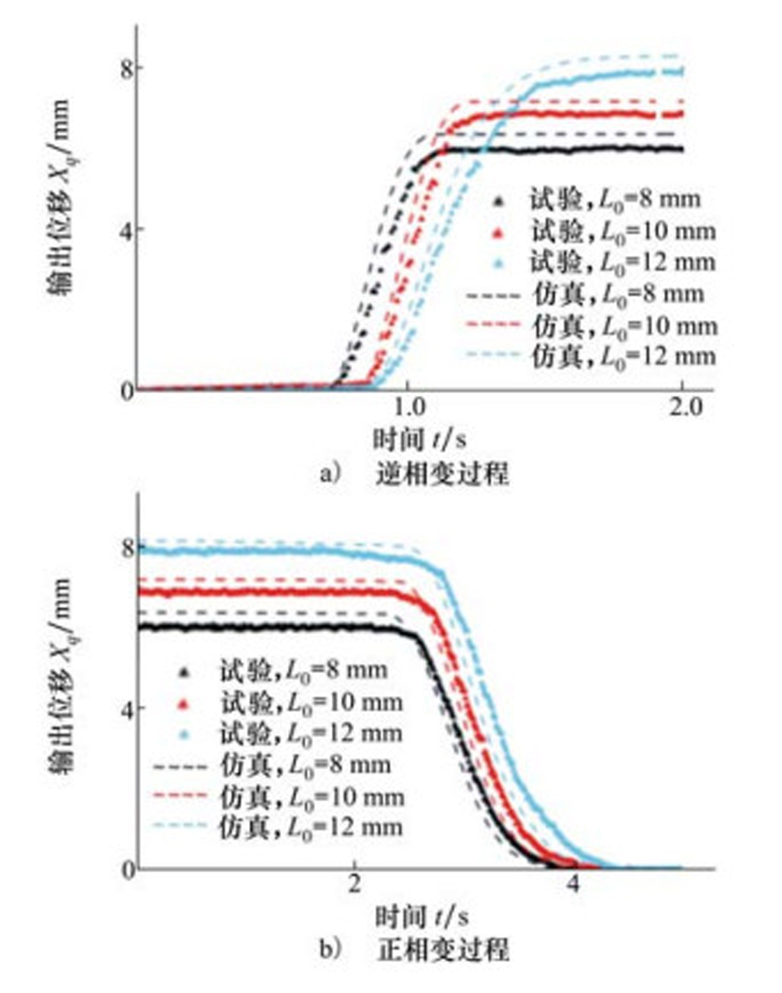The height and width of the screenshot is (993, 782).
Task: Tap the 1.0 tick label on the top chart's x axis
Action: (x=408, y=408)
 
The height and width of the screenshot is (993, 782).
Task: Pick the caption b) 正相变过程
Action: (x=414, y=949)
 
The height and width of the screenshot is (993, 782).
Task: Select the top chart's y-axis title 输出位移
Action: (x=59, y=195)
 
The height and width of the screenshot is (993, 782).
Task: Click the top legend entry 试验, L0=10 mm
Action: (x=622, y=231)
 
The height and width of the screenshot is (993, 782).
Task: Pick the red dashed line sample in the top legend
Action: (x=493, y=325)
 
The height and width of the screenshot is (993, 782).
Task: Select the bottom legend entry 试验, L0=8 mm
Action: (x=303, y=670)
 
